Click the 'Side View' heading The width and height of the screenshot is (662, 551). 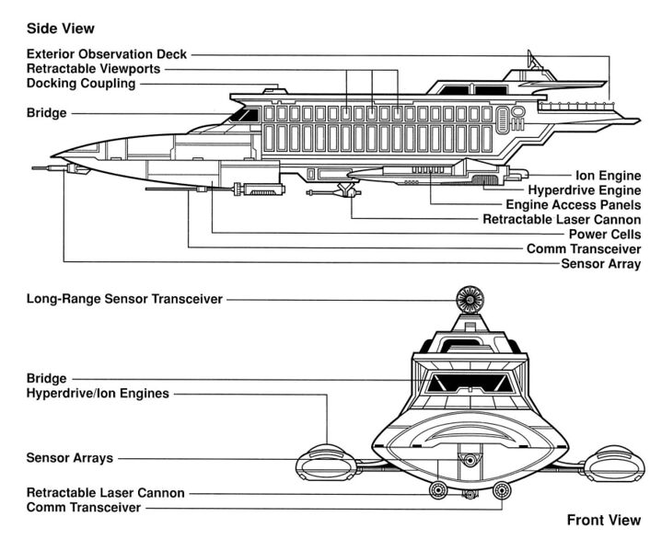(x=61, y=29)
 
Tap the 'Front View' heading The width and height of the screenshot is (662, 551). (x=603, y=521)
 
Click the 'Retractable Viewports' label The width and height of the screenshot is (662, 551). (x=94, y=69)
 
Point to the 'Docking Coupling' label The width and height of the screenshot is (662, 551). (x=81, y=84)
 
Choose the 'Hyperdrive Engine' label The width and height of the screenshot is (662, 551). (x=585, y=189)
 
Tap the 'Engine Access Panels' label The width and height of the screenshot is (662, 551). (x=573, y=204)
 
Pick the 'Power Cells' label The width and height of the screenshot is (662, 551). (x=602, y=234)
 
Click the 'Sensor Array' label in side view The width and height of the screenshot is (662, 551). (x=600, y=264)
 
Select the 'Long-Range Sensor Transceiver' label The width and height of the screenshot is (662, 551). (x=124, y=299)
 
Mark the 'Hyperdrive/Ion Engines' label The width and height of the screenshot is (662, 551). (x=98, y=394)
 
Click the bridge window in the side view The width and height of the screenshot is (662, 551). (x=244, y=115)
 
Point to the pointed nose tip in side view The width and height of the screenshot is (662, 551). (x=53, y=155)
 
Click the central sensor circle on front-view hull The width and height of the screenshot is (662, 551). (x=470, y=460)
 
